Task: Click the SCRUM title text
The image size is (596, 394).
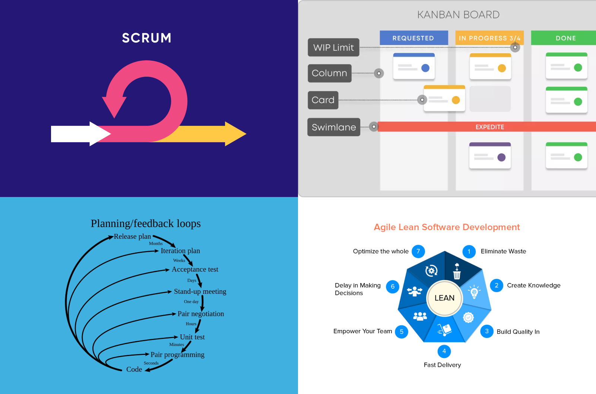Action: [x=146, y=38]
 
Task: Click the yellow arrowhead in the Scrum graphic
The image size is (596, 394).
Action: [x=235, y=134]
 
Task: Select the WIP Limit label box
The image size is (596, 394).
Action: [x=333, y=48]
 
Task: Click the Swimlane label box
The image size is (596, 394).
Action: [x=334, y=127]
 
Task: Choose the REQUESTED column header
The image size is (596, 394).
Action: [x=413, y=38]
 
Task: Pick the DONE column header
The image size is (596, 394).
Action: [x=565, y=38]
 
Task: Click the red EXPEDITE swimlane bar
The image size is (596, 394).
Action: [x=489, y=127]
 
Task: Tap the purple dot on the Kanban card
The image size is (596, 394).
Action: [x=501, y=158]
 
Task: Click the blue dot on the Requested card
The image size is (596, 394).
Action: [x=425, y=68]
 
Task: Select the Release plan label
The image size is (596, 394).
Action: [x=132, y=236]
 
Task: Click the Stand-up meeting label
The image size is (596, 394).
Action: [x=200, y=291]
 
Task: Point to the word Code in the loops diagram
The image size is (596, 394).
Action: [x=134, y=369]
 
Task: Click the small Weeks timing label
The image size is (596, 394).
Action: [x=179, y=260]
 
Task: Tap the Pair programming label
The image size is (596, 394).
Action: [x=177, y=355]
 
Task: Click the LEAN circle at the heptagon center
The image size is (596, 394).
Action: [x=444, y=298]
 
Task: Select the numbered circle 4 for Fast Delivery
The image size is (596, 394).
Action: [x=444, y=351]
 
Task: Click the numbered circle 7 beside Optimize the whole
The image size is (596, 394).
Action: [x=418, y=251]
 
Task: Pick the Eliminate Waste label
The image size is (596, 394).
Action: [x=503, y=251]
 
